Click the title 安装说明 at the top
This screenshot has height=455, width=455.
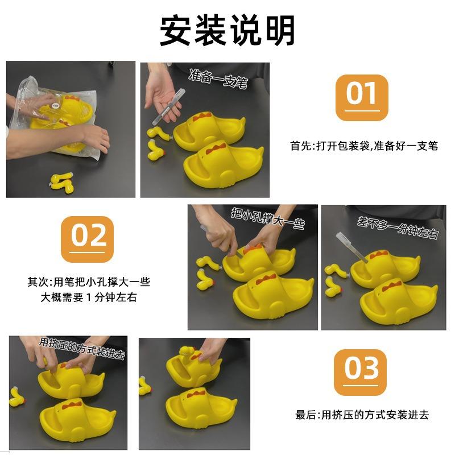227,30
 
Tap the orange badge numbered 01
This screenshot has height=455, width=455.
362,97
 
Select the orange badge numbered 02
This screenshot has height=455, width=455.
87,239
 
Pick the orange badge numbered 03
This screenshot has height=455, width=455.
360,372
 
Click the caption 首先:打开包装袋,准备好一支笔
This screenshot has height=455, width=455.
364,146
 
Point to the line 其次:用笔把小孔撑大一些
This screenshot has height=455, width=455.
89,282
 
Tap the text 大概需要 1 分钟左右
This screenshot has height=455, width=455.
89,297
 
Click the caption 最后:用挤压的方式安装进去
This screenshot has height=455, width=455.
362,415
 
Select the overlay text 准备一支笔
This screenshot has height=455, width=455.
218,78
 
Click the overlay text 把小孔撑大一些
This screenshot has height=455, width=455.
268,218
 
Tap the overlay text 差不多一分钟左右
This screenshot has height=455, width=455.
398,228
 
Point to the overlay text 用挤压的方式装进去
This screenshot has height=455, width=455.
82,348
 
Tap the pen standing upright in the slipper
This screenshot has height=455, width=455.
351,247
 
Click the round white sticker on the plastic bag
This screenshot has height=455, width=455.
56,106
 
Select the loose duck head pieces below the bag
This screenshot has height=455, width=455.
62,183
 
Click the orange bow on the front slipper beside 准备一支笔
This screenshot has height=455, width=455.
216,148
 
